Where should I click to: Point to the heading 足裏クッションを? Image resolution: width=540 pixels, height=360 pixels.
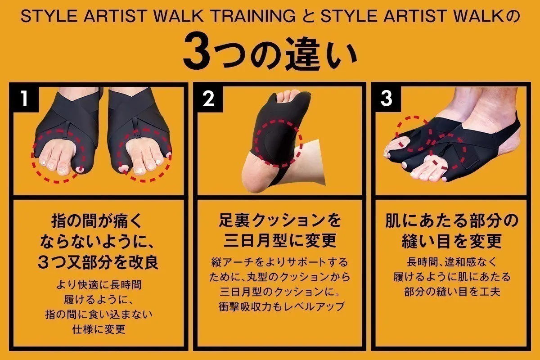(279, 220)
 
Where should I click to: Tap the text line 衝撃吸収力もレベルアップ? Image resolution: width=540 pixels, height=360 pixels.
(279, 306)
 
